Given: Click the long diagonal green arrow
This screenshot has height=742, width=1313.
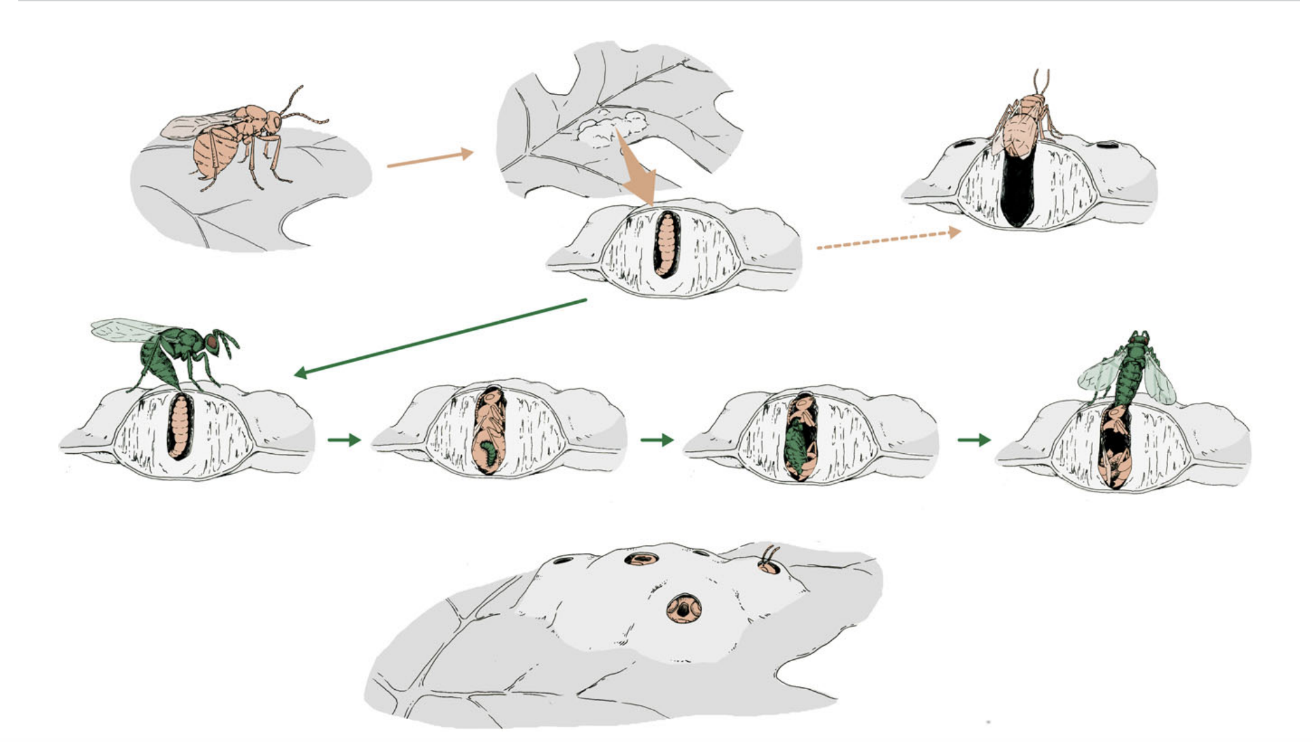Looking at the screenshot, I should (440, 336).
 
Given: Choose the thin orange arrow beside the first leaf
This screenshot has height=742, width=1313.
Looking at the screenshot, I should (430, 159).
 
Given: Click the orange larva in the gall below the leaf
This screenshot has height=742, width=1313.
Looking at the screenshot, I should (666, 244).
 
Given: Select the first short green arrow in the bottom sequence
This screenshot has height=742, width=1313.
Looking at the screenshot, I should (344, 440).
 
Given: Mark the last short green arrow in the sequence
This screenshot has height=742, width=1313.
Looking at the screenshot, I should (974, 440).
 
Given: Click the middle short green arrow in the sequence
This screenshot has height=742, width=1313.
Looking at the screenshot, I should (656, 440).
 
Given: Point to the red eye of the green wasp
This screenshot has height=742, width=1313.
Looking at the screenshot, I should (213, 340).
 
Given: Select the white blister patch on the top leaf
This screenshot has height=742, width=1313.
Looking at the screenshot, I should (610, 127).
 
